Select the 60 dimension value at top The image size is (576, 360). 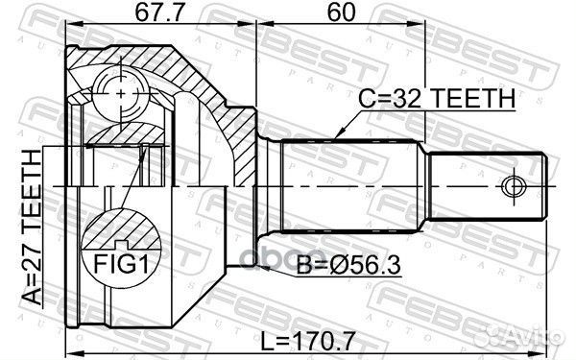tap(342, 13)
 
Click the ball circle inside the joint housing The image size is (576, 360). tap(125, 92)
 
